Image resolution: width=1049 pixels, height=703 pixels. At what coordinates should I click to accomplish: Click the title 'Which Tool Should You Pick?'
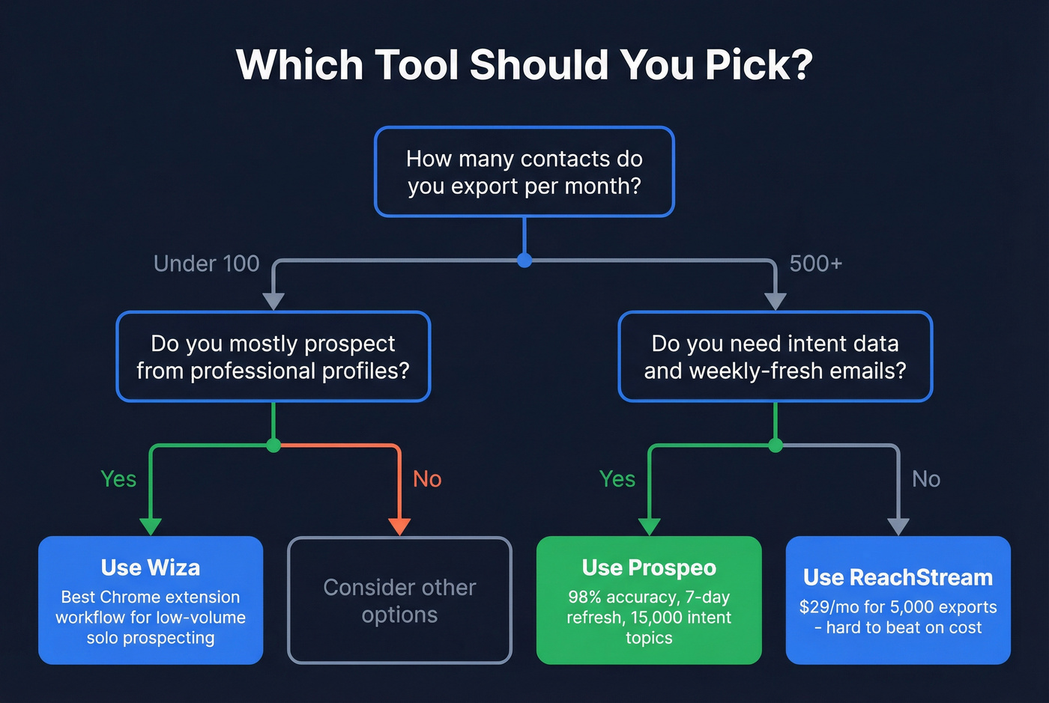click(x=524, y=65)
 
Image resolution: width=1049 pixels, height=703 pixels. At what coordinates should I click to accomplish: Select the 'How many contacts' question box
click(x=524, y=172)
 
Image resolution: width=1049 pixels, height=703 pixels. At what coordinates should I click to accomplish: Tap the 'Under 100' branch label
click(x=206, y=264)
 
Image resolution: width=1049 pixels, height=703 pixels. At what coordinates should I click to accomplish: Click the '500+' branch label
click(x=816, y=264)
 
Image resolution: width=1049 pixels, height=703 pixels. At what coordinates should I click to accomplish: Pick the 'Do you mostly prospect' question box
click(x=273, y=357)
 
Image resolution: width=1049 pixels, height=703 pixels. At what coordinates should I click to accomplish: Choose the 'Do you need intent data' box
click(x=775, y=357)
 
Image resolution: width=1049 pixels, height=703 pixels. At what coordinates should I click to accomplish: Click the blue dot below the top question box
click(x=524, y=261)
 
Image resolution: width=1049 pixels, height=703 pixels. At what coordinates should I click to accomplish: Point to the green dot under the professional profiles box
click(x=273, y=445)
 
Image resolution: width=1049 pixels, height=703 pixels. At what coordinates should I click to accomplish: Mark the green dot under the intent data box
click(x=776, y=445)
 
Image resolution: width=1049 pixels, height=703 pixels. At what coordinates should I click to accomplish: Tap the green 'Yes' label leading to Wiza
click(x=118, y=479)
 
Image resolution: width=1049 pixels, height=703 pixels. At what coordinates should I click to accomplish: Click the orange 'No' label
click(x=427, y=479)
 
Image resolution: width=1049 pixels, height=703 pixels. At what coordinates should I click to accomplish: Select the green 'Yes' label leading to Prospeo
click(x=617, y=479)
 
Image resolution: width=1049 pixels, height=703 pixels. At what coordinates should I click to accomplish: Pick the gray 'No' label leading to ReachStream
click(x=926, y=479)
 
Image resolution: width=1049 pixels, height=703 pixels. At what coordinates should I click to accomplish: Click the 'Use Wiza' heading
click(x=151, y=567)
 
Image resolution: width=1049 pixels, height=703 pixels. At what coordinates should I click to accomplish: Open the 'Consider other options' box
click(x=399, y=600)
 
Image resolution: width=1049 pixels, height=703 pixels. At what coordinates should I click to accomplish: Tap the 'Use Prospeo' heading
click(x=649, y=567)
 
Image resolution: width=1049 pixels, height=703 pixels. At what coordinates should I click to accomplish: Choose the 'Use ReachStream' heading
click(x=898, y=577)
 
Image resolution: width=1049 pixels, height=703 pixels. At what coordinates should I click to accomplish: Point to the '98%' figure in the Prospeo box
click(x=584, y=597)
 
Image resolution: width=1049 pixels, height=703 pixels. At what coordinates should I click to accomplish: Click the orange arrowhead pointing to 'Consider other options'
click(x=399, y=526)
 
